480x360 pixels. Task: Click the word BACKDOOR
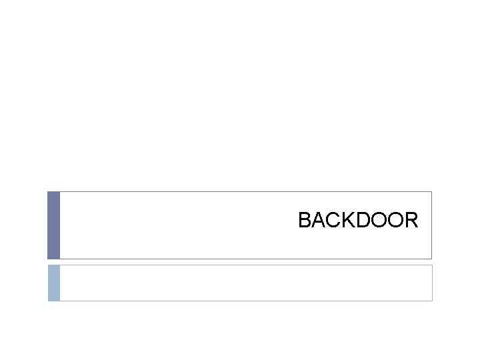358,220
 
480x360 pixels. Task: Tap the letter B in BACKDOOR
305,220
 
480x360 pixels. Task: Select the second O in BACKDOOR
395,220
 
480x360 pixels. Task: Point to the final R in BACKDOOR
411,220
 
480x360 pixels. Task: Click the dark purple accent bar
53,225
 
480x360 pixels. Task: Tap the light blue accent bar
53,283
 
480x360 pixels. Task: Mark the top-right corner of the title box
431,192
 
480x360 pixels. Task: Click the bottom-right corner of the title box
431,259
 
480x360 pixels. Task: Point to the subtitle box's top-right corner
432,265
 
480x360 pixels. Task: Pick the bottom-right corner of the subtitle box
432,301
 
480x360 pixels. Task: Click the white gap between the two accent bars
53,261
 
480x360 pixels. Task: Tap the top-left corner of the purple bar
48,192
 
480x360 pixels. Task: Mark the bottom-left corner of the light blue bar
48,301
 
